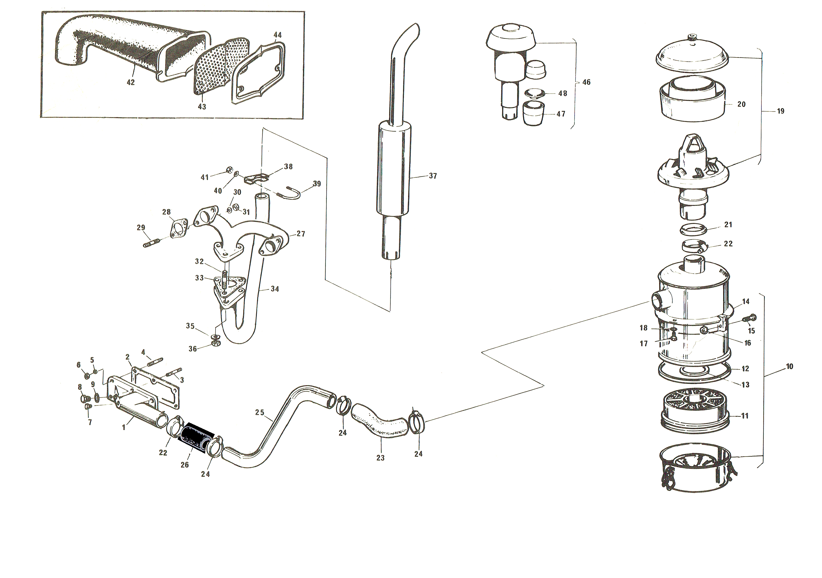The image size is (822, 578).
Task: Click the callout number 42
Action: (x=131, y=82)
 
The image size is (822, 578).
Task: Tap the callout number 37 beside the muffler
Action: (x=433, y=176)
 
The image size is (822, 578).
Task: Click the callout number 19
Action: (x=780, y=111)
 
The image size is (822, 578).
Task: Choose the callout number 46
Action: (x=586, y=82)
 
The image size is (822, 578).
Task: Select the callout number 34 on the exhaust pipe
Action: (x=275, y=289)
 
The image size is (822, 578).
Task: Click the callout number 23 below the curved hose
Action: (x=380, y=458)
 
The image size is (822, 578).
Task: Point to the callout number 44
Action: (x=278, y=35)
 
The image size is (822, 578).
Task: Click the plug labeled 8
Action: (x=85, y=398)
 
